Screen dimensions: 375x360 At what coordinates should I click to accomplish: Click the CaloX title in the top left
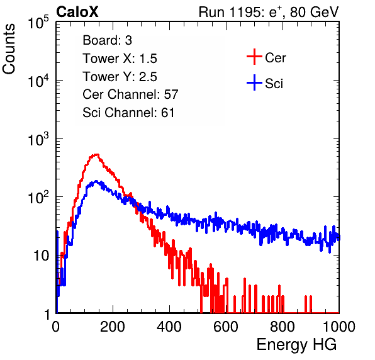coord(77,12)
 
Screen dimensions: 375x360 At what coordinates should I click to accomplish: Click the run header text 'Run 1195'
coord(230,12)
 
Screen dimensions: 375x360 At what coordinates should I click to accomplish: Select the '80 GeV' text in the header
coord(314,12)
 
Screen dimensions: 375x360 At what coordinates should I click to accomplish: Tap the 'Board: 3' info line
coord(107,40)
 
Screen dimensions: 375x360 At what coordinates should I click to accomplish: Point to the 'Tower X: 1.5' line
coord(120,59)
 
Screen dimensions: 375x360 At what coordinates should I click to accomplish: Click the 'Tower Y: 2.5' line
coord(120,77)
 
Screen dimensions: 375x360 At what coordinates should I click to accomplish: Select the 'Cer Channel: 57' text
coord(130,94)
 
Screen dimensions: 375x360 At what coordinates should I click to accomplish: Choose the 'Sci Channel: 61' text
coord(128,113)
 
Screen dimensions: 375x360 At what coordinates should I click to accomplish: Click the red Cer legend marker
coord(254,57)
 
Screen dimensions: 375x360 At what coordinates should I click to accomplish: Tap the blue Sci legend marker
coord(254,83)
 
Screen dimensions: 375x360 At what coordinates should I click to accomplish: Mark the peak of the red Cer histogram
coord(96,155)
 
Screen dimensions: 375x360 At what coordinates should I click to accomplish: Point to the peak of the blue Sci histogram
coord(96,181)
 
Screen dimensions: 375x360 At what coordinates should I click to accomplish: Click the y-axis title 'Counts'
coord(9,49)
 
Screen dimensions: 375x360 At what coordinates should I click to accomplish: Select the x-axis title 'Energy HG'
coord(296,344)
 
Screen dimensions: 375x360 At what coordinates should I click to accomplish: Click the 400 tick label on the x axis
coord(169,327)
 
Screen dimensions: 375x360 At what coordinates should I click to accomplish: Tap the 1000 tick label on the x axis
coord(339,327)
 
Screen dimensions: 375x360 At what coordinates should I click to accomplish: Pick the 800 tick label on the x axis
coord(283,327)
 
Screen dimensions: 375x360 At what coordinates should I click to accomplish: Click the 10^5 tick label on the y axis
coord(38,22)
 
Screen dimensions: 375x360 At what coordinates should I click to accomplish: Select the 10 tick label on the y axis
coord(42,256)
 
